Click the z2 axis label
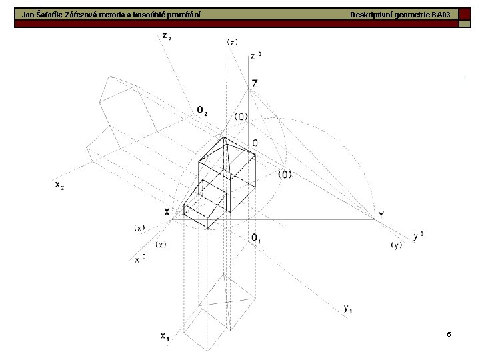coord(167,37)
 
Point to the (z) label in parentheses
coord(233,43)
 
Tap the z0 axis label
coord(256,56)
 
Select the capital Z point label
coord(255,83)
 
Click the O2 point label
coord(202,110)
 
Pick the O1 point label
coord(256,238)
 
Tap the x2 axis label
coord(60,185)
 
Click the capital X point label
coord(167,211)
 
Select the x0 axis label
coord(140,259)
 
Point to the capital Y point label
coord(381,215)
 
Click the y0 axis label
coord(419,236)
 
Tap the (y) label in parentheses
coord(397,245)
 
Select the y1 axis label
coord(348,309)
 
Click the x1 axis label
coord(165,337)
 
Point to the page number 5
coord(449,334)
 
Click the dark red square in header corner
coord(465,15)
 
